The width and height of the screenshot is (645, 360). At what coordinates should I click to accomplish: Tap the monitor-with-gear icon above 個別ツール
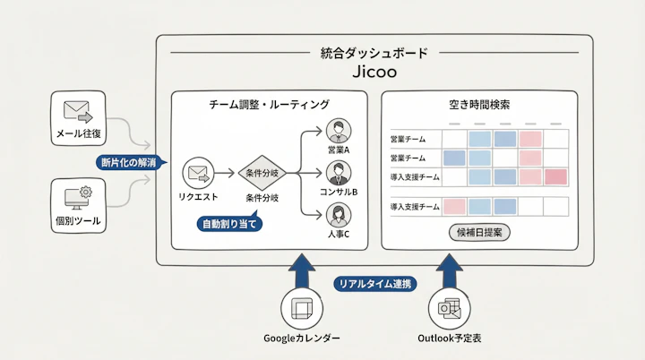click(78, 194)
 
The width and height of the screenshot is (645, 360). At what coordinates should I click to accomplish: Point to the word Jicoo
click(374, 72)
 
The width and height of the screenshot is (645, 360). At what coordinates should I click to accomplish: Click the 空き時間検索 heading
click(479, 105)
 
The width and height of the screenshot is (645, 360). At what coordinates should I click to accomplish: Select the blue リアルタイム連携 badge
click(374, 284)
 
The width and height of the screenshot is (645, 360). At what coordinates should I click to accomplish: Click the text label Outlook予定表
click(450, 339)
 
